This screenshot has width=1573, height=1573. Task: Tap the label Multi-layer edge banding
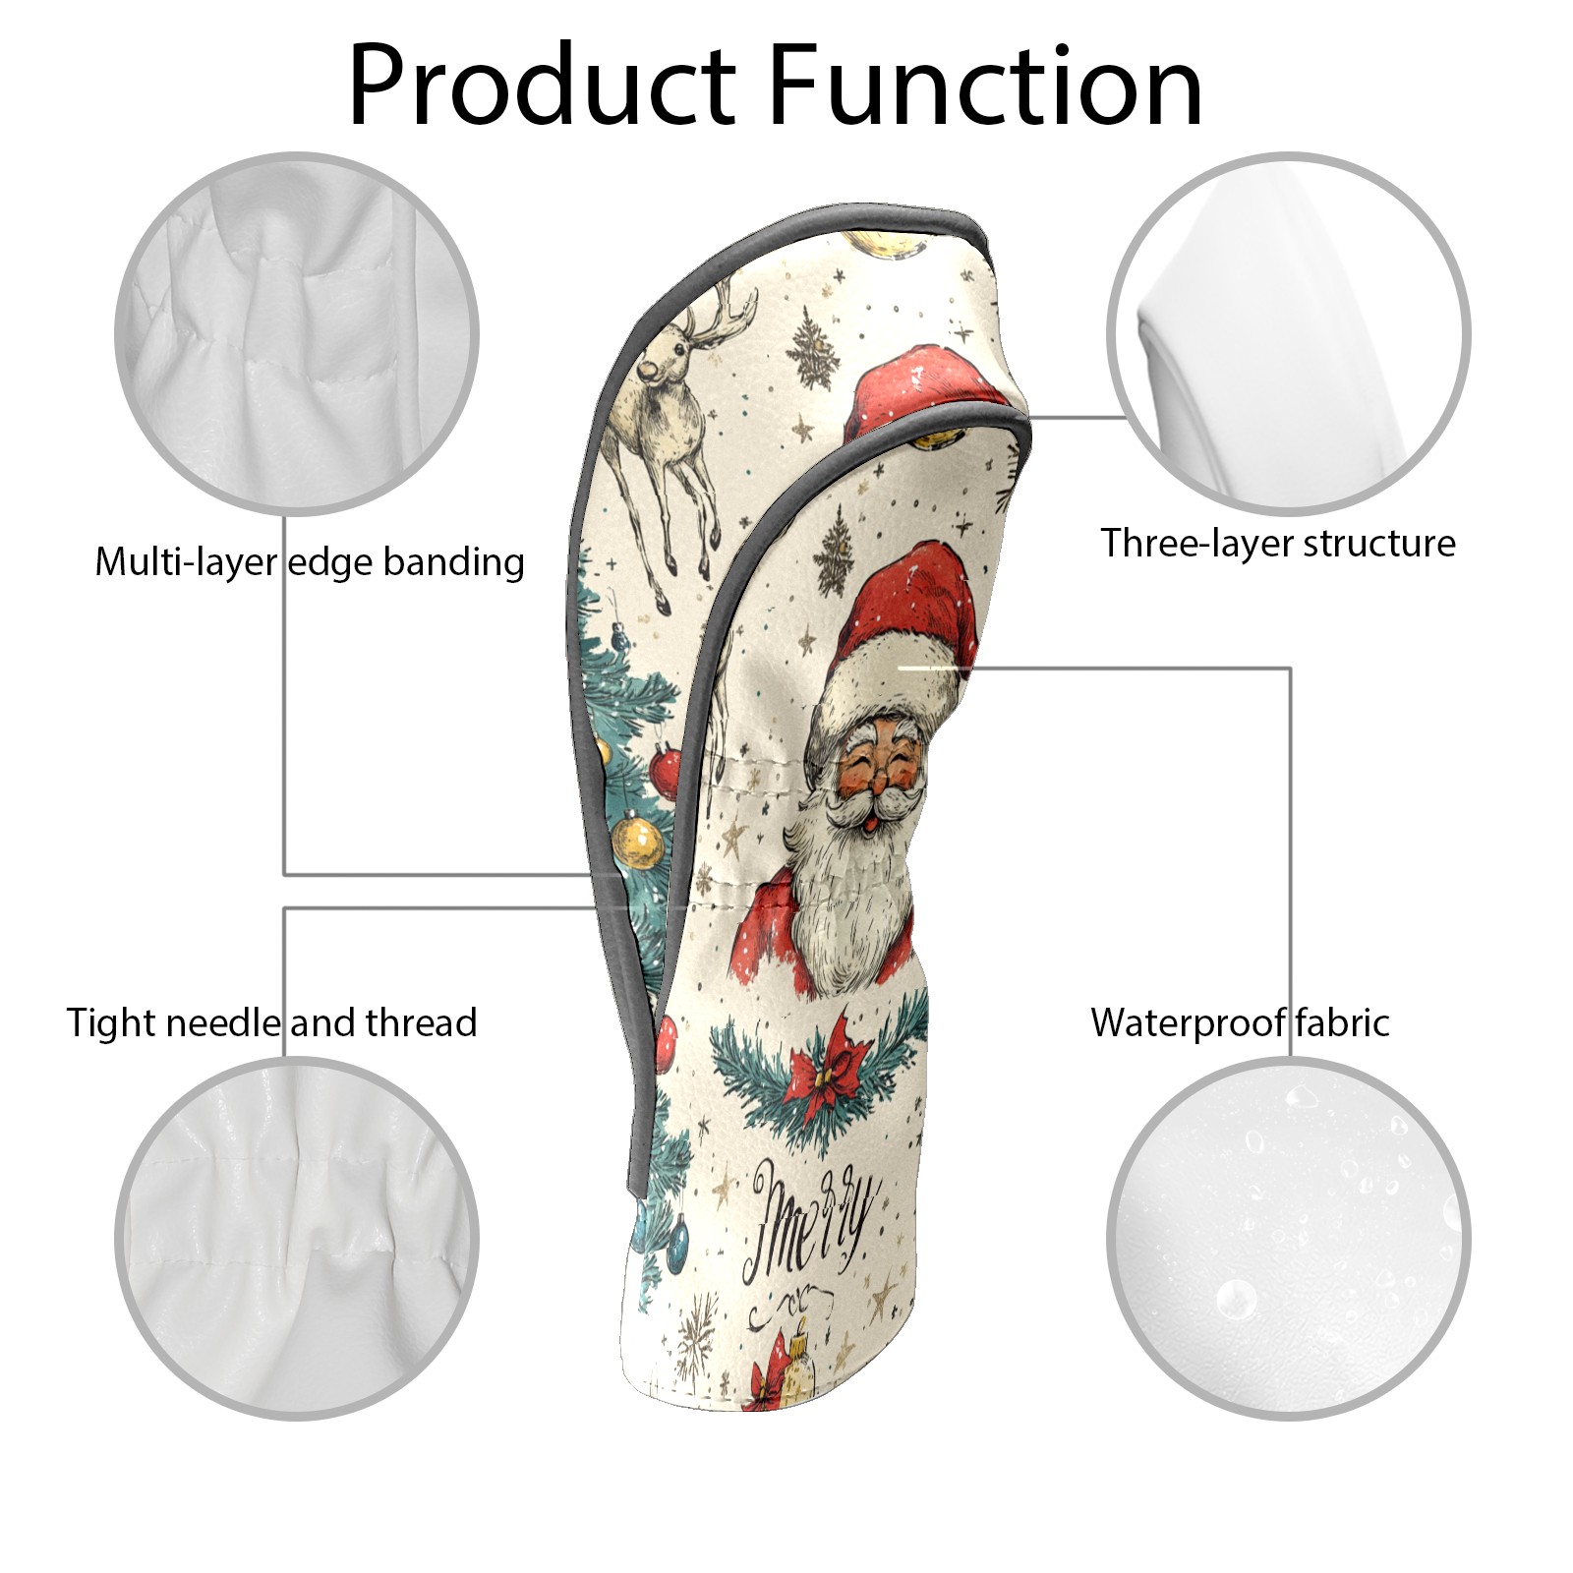[310, 562]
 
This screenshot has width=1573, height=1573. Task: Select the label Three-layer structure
[1278, 543]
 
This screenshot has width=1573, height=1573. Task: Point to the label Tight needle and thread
[271, 1022]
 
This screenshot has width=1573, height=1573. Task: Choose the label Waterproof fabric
[1240, 1022]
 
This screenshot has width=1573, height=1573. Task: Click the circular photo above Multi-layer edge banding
[297, 333]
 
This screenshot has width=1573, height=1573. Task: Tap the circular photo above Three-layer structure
[1288, 333]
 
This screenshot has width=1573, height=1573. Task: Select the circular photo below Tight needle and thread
[297, 1239]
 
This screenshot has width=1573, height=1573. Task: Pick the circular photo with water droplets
[1288, 1239]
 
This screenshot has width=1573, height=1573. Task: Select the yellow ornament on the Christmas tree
[639, 844]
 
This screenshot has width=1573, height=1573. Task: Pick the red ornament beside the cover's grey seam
[665, 772]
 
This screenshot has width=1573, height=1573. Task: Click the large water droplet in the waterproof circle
[1236, 1300]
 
